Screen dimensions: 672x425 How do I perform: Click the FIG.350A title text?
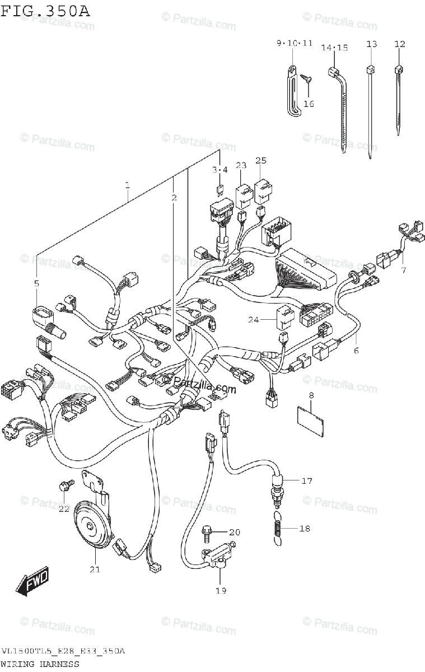[45, 10]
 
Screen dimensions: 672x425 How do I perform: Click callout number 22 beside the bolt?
[64, 508]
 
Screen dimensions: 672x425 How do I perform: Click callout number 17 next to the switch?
[306, 480]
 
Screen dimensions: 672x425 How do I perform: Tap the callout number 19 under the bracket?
[221, 590]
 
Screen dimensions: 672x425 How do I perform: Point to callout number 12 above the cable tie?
[399, 44]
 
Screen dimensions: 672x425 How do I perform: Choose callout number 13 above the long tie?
[372, 44]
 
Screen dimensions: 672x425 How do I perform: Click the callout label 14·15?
[334, 48]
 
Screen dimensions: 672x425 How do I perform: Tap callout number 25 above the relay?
[261, 161]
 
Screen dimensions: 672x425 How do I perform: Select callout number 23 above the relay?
[241, 165]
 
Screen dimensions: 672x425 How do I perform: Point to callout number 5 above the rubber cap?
[36, 284]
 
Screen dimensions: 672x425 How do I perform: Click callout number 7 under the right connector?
[403, 271]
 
